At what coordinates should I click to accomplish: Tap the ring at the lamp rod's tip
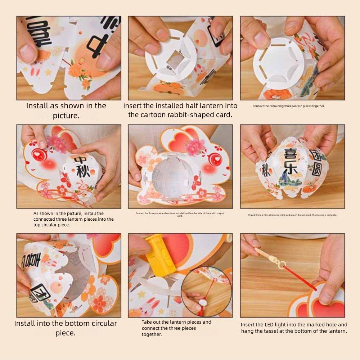pos(280,268)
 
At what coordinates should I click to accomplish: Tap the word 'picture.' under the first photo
pos(66,116)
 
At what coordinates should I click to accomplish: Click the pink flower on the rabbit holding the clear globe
pos(195,146)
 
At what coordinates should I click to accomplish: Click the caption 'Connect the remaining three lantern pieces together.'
pos(288,106)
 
